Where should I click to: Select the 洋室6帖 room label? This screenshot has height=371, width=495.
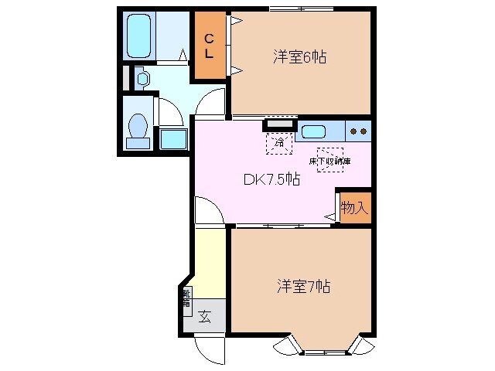pyautogui.click(x=299, y=56)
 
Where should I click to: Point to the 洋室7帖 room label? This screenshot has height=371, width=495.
pyautogui.click(x=304, y=287)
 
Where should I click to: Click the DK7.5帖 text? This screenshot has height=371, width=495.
pyautogui.click(x=272, y=180)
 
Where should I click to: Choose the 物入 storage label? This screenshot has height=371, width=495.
pyautogui.click(x=353, y=208)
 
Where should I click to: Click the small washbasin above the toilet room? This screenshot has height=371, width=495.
pyautogui.click(x=142, y=77)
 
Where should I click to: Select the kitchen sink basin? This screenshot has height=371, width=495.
pyautogui.click(x=317, y=131)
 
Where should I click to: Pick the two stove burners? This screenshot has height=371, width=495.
pyautogui.click(x=358, y=131)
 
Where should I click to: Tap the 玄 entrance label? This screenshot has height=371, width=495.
pyautogui.click(x=206, y=316)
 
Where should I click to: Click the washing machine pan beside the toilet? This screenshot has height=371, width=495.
pyautogui.click(x=172, y=139)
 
